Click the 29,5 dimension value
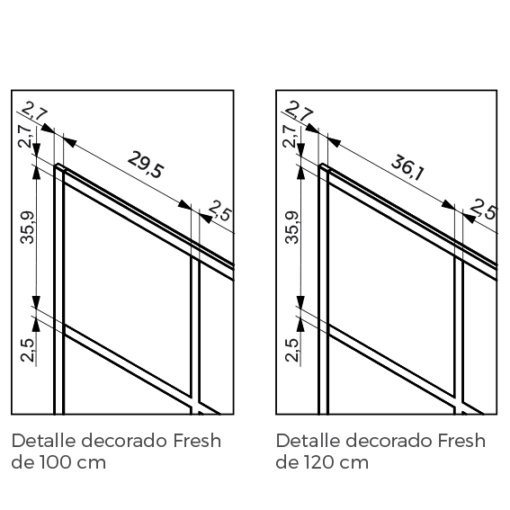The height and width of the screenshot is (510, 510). point(146,165)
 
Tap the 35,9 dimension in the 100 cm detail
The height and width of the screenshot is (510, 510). point(27,228)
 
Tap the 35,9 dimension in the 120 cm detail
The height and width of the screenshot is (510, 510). point(291,228)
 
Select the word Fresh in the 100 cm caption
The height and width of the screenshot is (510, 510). point(197,441)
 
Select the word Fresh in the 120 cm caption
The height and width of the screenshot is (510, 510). point(461,441)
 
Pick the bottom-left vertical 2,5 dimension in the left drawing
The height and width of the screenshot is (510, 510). point(27,350)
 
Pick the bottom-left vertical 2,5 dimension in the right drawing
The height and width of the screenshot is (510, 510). point(291,350)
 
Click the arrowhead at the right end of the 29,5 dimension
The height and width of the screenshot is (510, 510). point(184,205)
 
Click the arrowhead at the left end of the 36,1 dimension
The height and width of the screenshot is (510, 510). point(334,142)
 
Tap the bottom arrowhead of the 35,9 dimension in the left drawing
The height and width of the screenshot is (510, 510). point(36,301)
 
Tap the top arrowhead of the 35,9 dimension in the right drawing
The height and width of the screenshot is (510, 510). point(300,173)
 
